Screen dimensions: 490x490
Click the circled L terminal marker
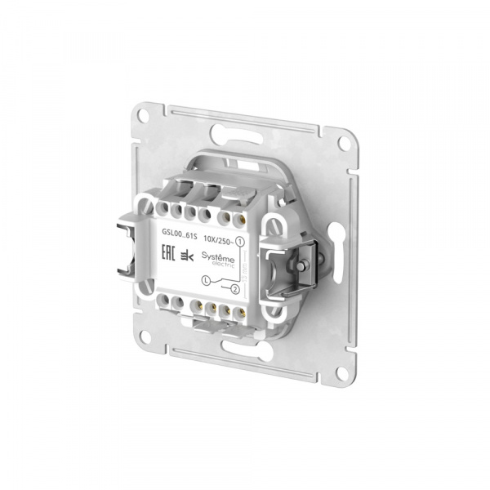pyautogui.click(x=206, y=281)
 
